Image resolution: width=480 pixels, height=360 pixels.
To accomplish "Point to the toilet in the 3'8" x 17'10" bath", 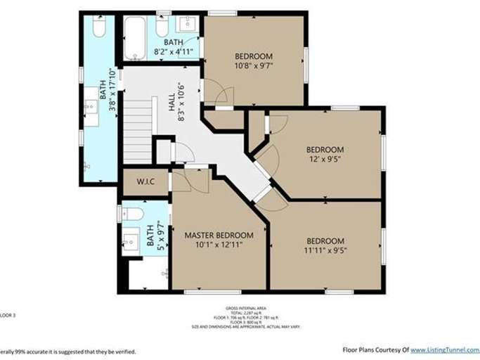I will pyautogui.click(x=98, y=27).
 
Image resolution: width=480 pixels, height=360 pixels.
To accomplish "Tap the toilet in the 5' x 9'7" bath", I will pyautogui.click(x=132, y=213).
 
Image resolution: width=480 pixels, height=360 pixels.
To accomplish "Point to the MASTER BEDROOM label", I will pyautogui.click(x=219, y=235).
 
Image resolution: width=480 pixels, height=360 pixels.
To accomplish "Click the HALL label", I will pyautogui.click(x=172, y=102).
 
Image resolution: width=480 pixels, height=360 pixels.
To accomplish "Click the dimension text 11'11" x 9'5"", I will pyautogui.click(x=325, y=250).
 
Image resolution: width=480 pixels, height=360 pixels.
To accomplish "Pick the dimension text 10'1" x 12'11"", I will pyautogui.click(x=219, y=246).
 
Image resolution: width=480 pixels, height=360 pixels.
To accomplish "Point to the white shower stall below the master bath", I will pyautogui.click(x=148, y=274).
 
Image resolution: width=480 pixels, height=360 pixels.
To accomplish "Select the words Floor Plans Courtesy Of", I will pyautogui.click(x=375, y=349).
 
